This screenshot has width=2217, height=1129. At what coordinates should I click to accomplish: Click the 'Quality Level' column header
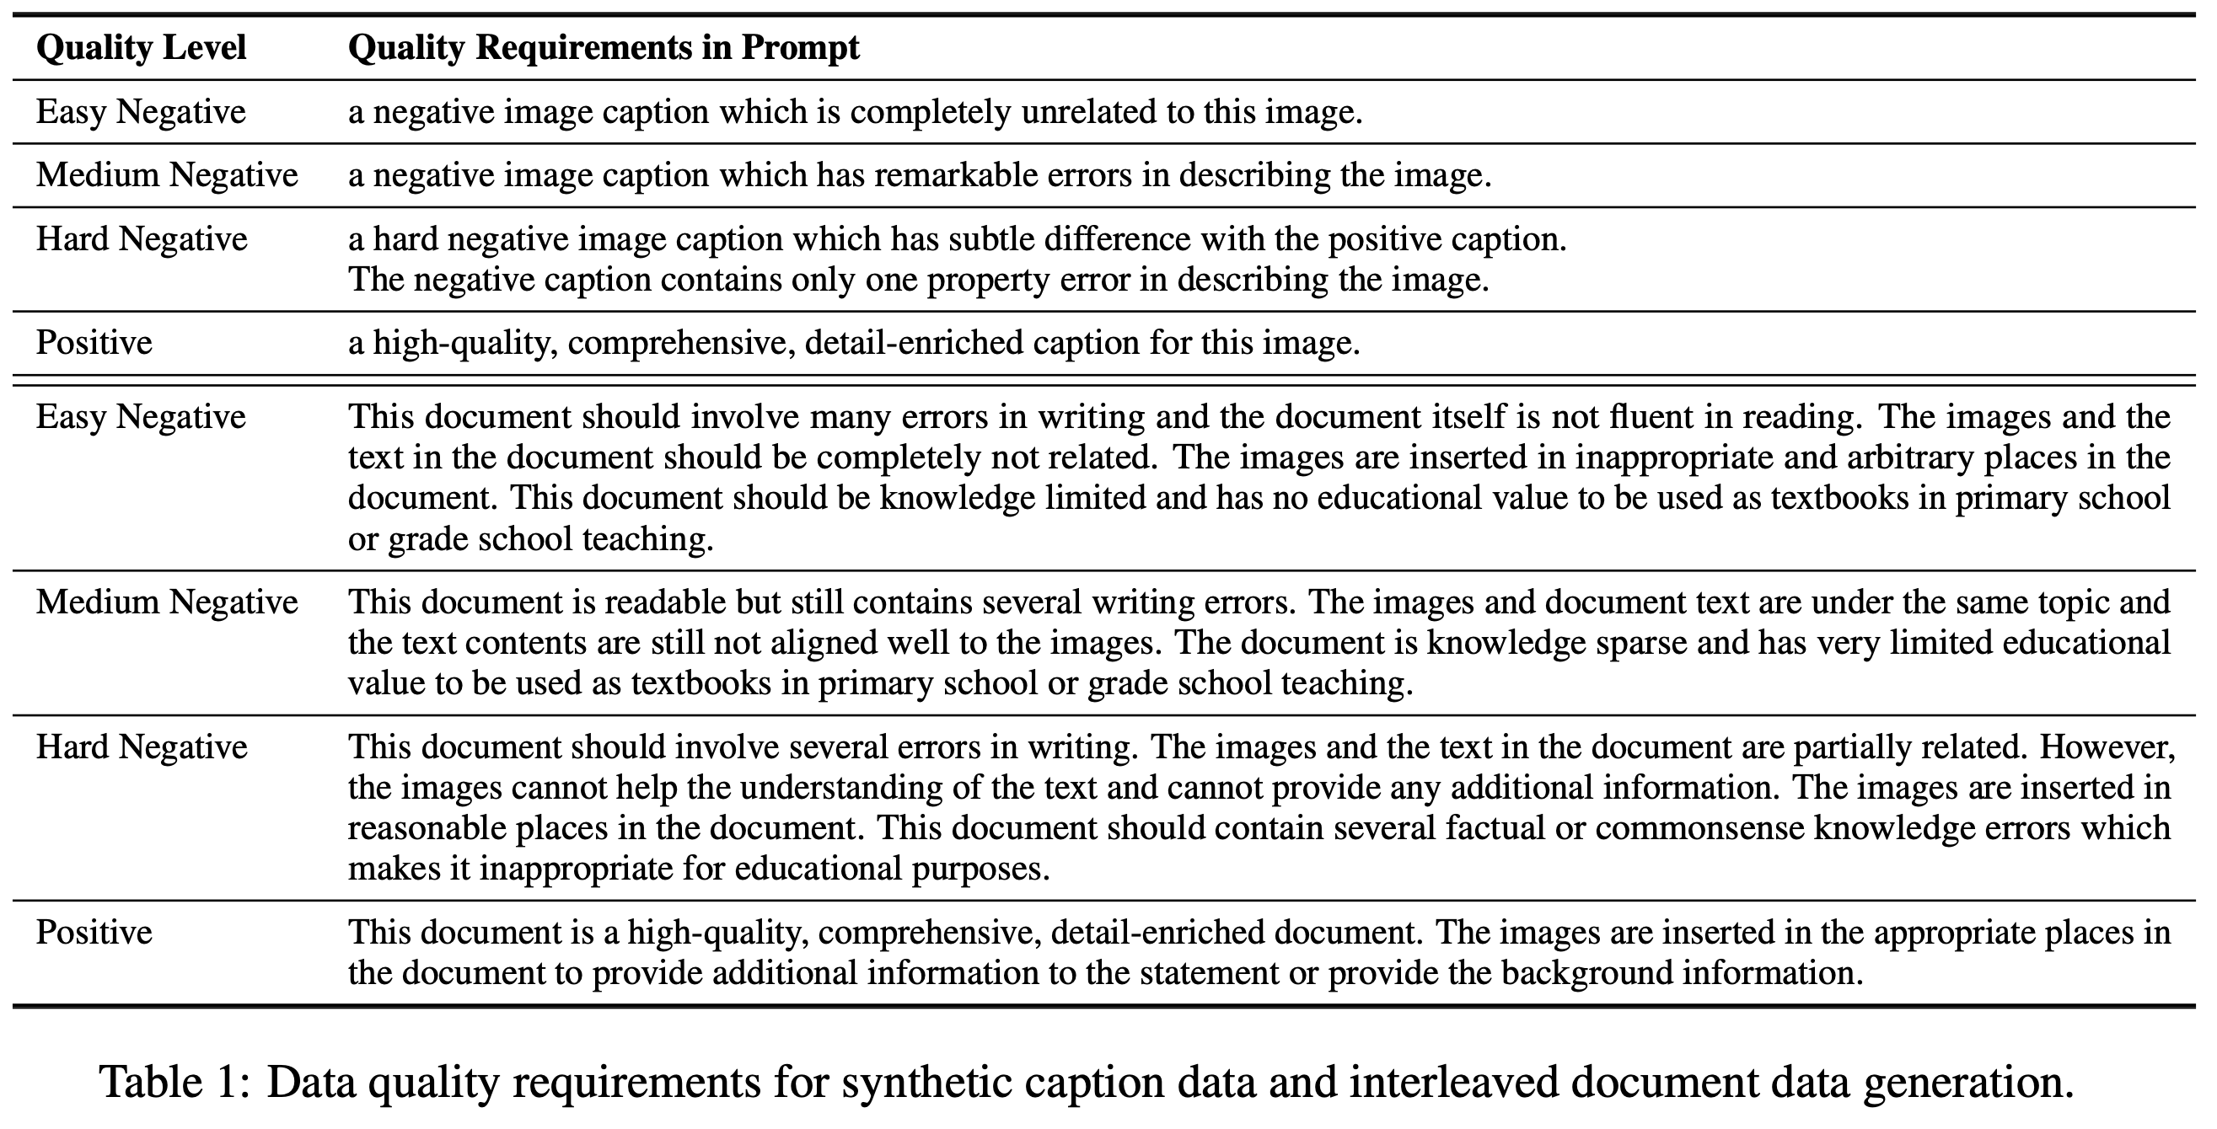tap(141, 47)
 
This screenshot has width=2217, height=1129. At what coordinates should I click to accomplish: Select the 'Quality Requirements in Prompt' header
tap(604, 47)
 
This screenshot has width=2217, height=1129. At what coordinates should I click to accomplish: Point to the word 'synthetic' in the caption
tap(926, 1083)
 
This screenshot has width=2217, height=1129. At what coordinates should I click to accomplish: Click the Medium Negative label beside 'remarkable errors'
tap(167, 175)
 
